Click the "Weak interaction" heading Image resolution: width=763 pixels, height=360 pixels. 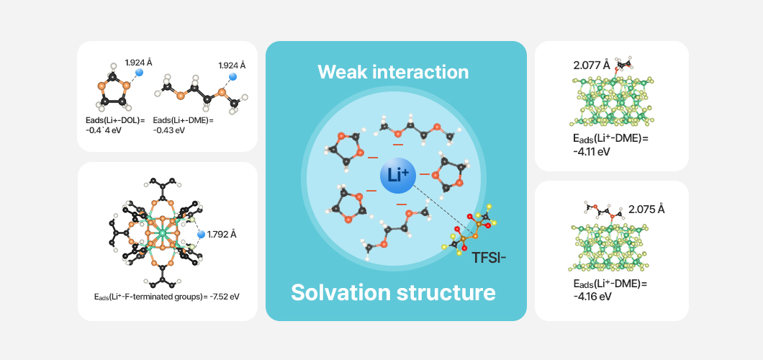click(393, 72)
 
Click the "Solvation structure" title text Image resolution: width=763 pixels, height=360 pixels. click(393, 293)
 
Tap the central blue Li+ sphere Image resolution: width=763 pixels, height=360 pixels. click(397, 175)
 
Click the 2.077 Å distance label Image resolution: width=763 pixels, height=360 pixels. click(592, 66)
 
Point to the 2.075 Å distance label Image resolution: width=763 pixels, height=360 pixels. click(646, 210)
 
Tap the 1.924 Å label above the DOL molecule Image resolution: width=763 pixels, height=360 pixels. click(138, 63)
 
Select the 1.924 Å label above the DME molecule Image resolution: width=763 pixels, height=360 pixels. click(232, 66)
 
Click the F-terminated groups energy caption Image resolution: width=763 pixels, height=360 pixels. click(167, 296)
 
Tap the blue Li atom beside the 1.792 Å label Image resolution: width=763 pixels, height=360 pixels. click(201, 234)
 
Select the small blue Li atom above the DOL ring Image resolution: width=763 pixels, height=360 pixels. click(139, 73)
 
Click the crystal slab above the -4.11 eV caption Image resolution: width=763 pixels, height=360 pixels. click(611, 100)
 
